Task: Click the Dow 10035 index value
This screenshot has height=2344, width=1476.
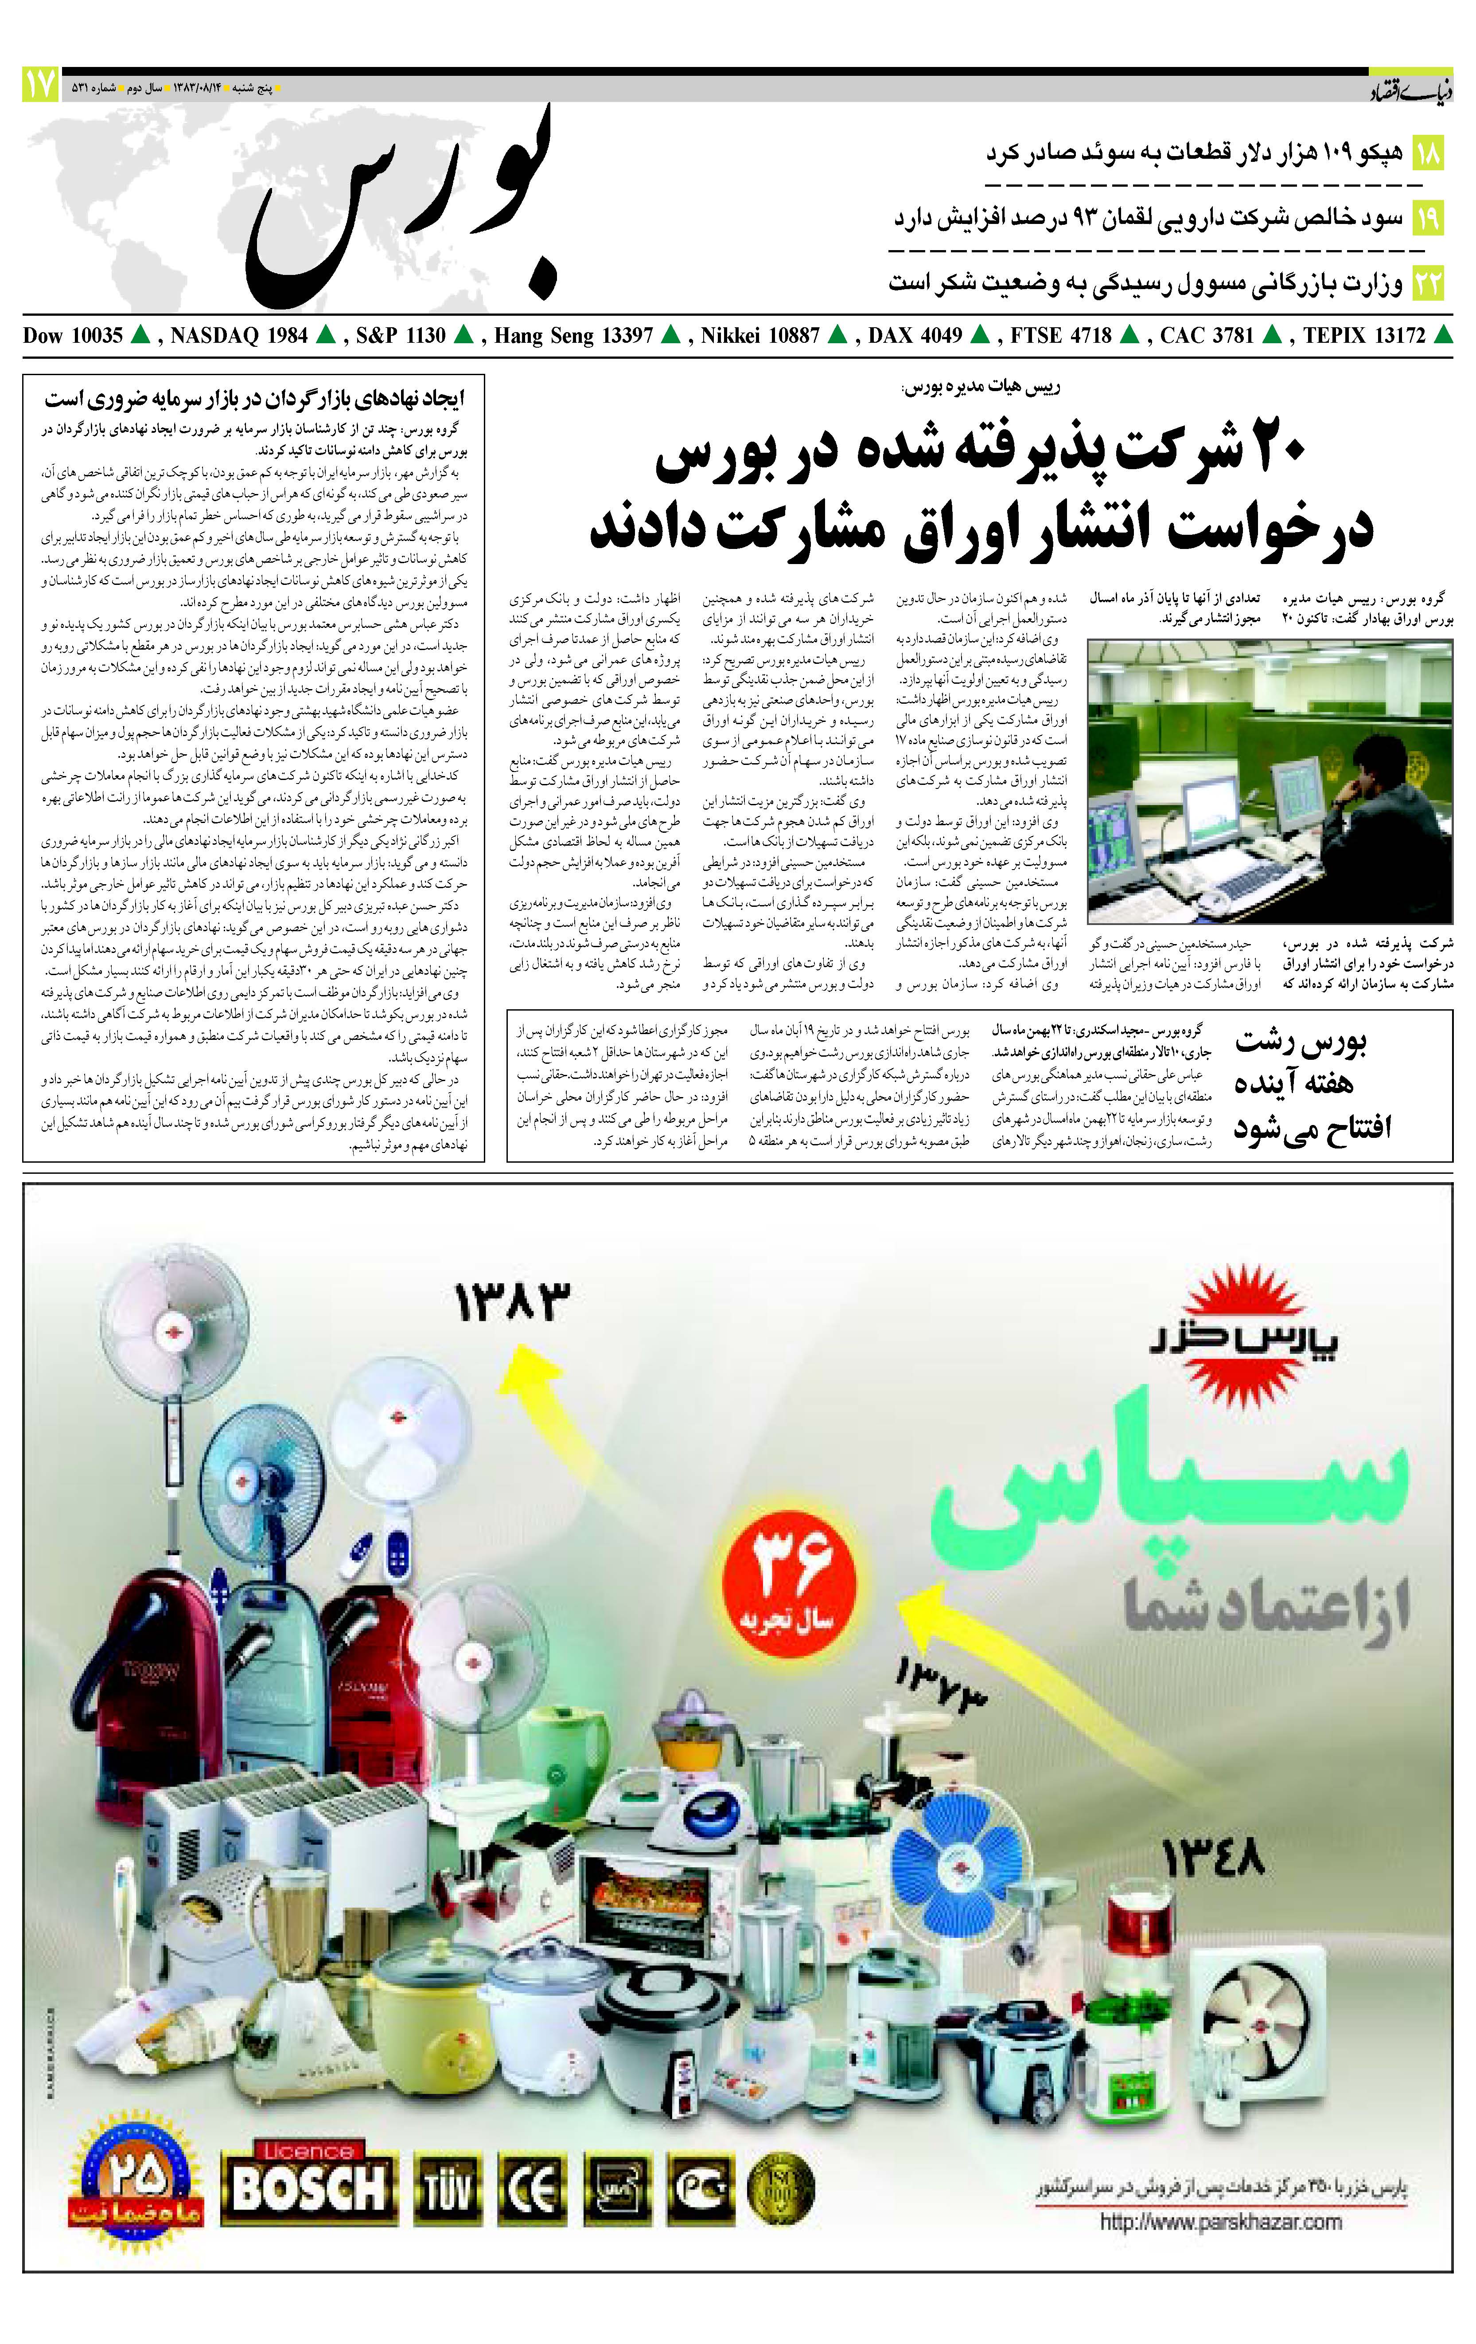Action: pos(73,336)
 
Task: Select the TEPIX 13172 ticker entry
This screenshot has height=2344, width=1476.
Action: pos(1364,336)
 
